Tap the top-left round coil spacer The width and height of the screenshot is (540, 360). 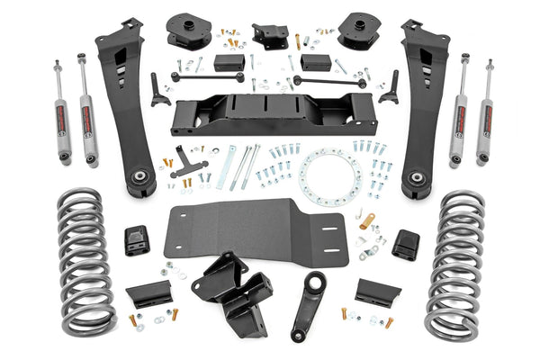tap(184, 31)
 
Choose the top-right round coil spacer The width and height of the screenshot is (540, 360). tap(359, 31)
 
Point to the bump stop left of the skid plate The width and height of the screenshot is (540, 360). tap(137, 239)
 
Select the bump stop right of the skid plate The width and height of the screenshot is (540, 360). tap(406, 242)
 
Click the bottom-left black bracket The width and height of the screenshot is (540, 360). tap(149, 293)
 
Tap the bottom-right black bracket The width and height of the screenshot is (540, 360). tap(377, 292)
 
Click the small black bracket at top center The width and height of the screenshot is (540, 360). tap(270, 36)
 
